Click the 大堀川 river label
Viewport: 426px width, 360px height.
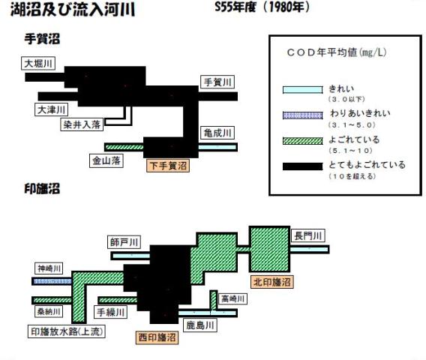click(x=38, y=63)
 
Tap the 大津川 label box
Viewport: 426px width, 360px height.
click(x=51, y=109)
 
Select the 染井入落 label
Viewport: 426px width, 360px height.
click(x=82, y=124)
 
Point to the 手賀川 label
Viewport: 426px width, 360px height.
click(x=217, y=82)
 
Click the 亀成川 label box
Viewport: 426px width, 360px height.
click(x=217, y=133)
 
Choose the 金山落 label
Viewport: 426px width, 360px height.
click(x=106, y=160)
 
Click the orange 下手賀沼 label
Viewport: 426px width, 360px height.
click(x=168, y=166)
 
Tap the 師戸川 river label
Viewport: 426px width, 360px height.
click(x=124, y=241)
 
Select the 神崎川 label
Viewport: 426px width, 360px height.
click(x=49, y=268)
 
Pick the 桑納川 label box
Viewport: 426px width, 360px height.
click(x=49, y=311)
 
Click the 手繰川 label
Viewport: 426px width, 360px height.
click(x=110, y=312)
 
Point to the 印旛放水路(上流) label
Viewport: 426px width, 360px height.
click(x=67, y=331)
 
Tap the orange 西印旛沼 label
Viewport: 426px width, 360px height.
click(x=157, y=337)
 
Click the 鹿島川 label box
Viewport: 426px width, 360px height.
click(x=200, y=325)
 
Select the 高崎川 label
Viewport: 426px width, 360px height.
click(x=232, y=298)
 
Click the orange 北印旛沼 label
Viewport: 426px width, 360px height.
click(x=272, y=282)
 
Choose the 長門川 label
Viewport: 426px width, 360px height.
click(x=308, y=235)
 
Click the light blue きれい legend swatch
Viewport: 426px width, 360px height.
click(x=303, y=90)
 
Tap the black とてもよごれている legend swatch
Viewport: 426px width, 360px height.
click(x=303, y=166)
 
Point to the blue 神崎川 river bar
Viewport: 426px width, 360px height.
click(x=52, y=281)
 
